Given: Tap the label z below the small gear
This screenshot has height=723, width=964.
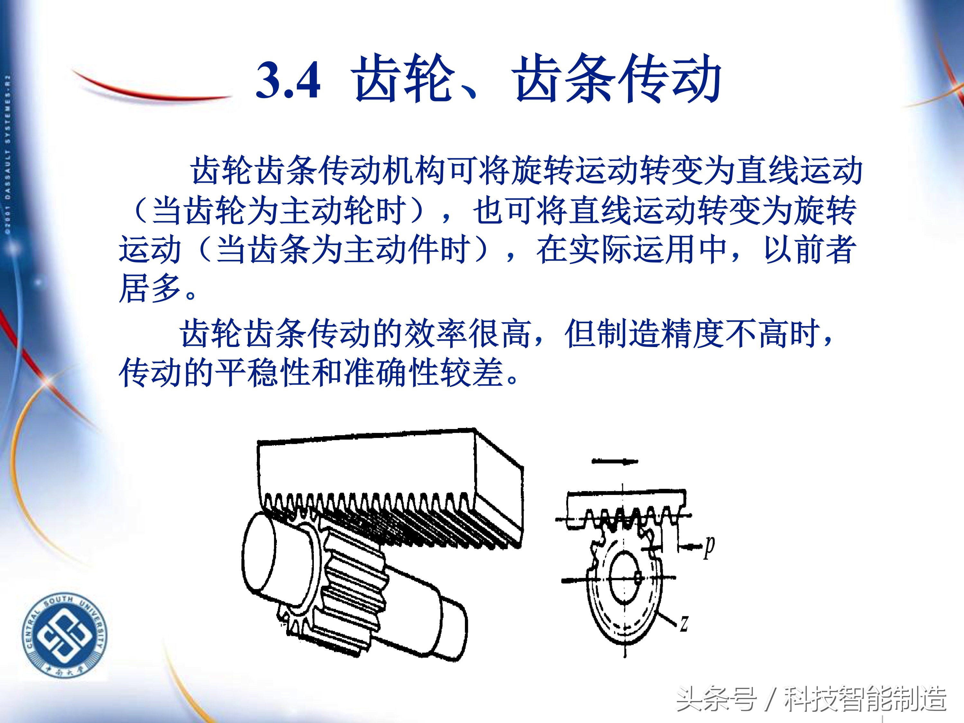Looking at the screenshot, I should [684, 623].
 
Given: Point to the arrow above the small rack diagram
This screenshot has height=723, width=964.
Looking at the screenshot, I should [614, 462].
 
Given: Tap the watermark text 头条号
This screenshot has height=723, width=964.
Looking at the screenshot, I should [716, 699].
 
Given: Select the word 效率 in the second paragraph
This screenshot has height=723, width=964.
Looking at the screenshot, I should [436, 334].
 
